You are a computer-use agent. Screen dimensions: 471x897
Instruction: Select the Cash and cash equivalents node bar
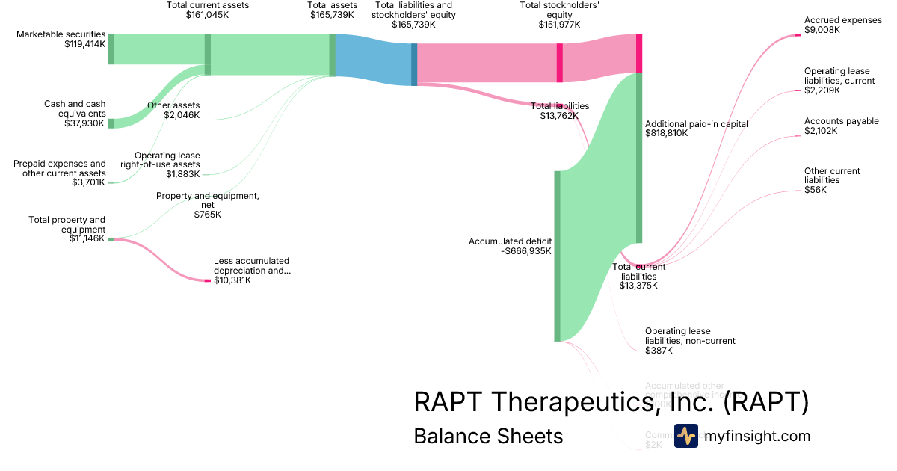point(111,123)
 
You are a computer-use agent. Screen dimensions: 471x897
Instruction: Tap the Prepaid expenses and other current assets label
point(60,173)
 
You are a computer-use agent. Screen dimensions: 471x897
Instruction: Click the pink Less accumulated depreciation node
point(208,280)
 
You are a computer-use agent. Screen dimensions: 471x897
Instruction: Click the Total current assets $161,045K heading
point(208,10)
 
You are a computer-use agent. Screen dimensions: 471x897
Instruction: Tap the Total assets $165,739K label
point(333,10)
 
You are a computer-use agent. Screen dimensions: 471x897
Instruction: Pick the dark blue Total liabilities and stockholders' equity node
point(414,64)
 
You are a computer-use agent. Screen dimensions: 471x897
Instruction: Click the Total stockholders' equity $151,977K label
point(559,15)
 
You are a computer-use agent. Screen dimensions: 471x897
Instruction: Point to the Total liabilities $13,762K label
point(559,111)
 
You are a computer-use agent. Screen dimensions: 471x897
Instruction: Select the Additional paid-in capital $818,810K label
point(696,129)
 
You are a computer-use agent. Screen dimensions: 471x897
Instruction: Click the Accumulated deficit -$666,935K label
point(511,246)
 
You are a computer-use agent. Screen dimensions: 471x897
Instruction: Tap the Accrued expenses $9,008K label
point(842,25)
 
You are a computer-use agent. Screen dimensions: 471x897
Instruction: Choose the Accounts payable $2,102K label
point(841,126)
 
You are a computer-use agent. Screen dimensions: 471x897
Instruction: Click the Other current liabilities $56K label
point(832,180)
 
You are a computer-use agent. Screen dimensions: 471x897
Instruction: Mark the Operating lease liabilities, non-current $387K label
point(690,340)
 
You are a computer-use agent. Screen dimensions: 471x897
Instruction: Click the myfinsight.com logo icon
point(685,436)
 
